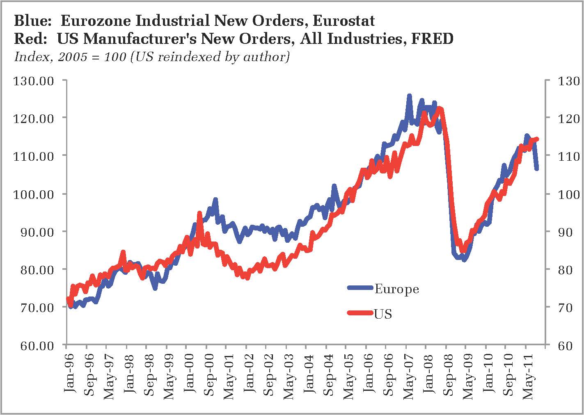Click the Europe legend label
click(x=396, y=289)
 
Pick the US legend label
click(x=383, y=314)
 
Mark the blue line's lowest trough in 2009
click(x=464, y=260)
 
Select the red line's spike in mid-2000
click(x=199, y=213)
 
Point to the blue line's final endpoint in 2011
click(x=537, y=169)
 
